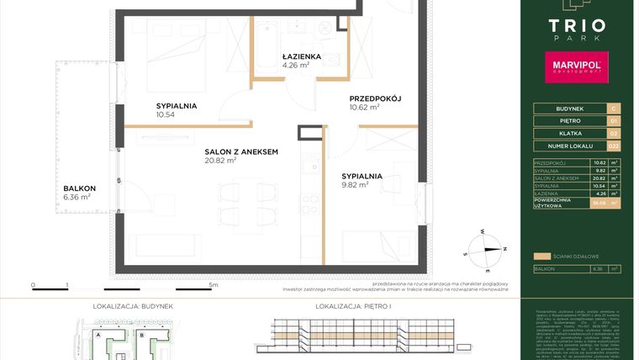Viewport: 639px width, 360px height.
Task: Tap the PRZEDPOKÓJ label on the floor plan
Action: (376, 98)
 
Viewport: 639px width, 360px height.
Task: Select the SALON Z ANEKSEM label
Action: (241, 151)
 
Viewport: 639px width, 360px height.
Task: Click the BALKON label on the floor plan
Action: (78, 188)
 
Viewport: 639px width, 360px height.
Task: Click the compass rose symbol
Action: (487, 245)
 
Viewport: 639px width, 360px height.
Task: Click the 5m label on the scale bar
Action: (213, 286)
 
